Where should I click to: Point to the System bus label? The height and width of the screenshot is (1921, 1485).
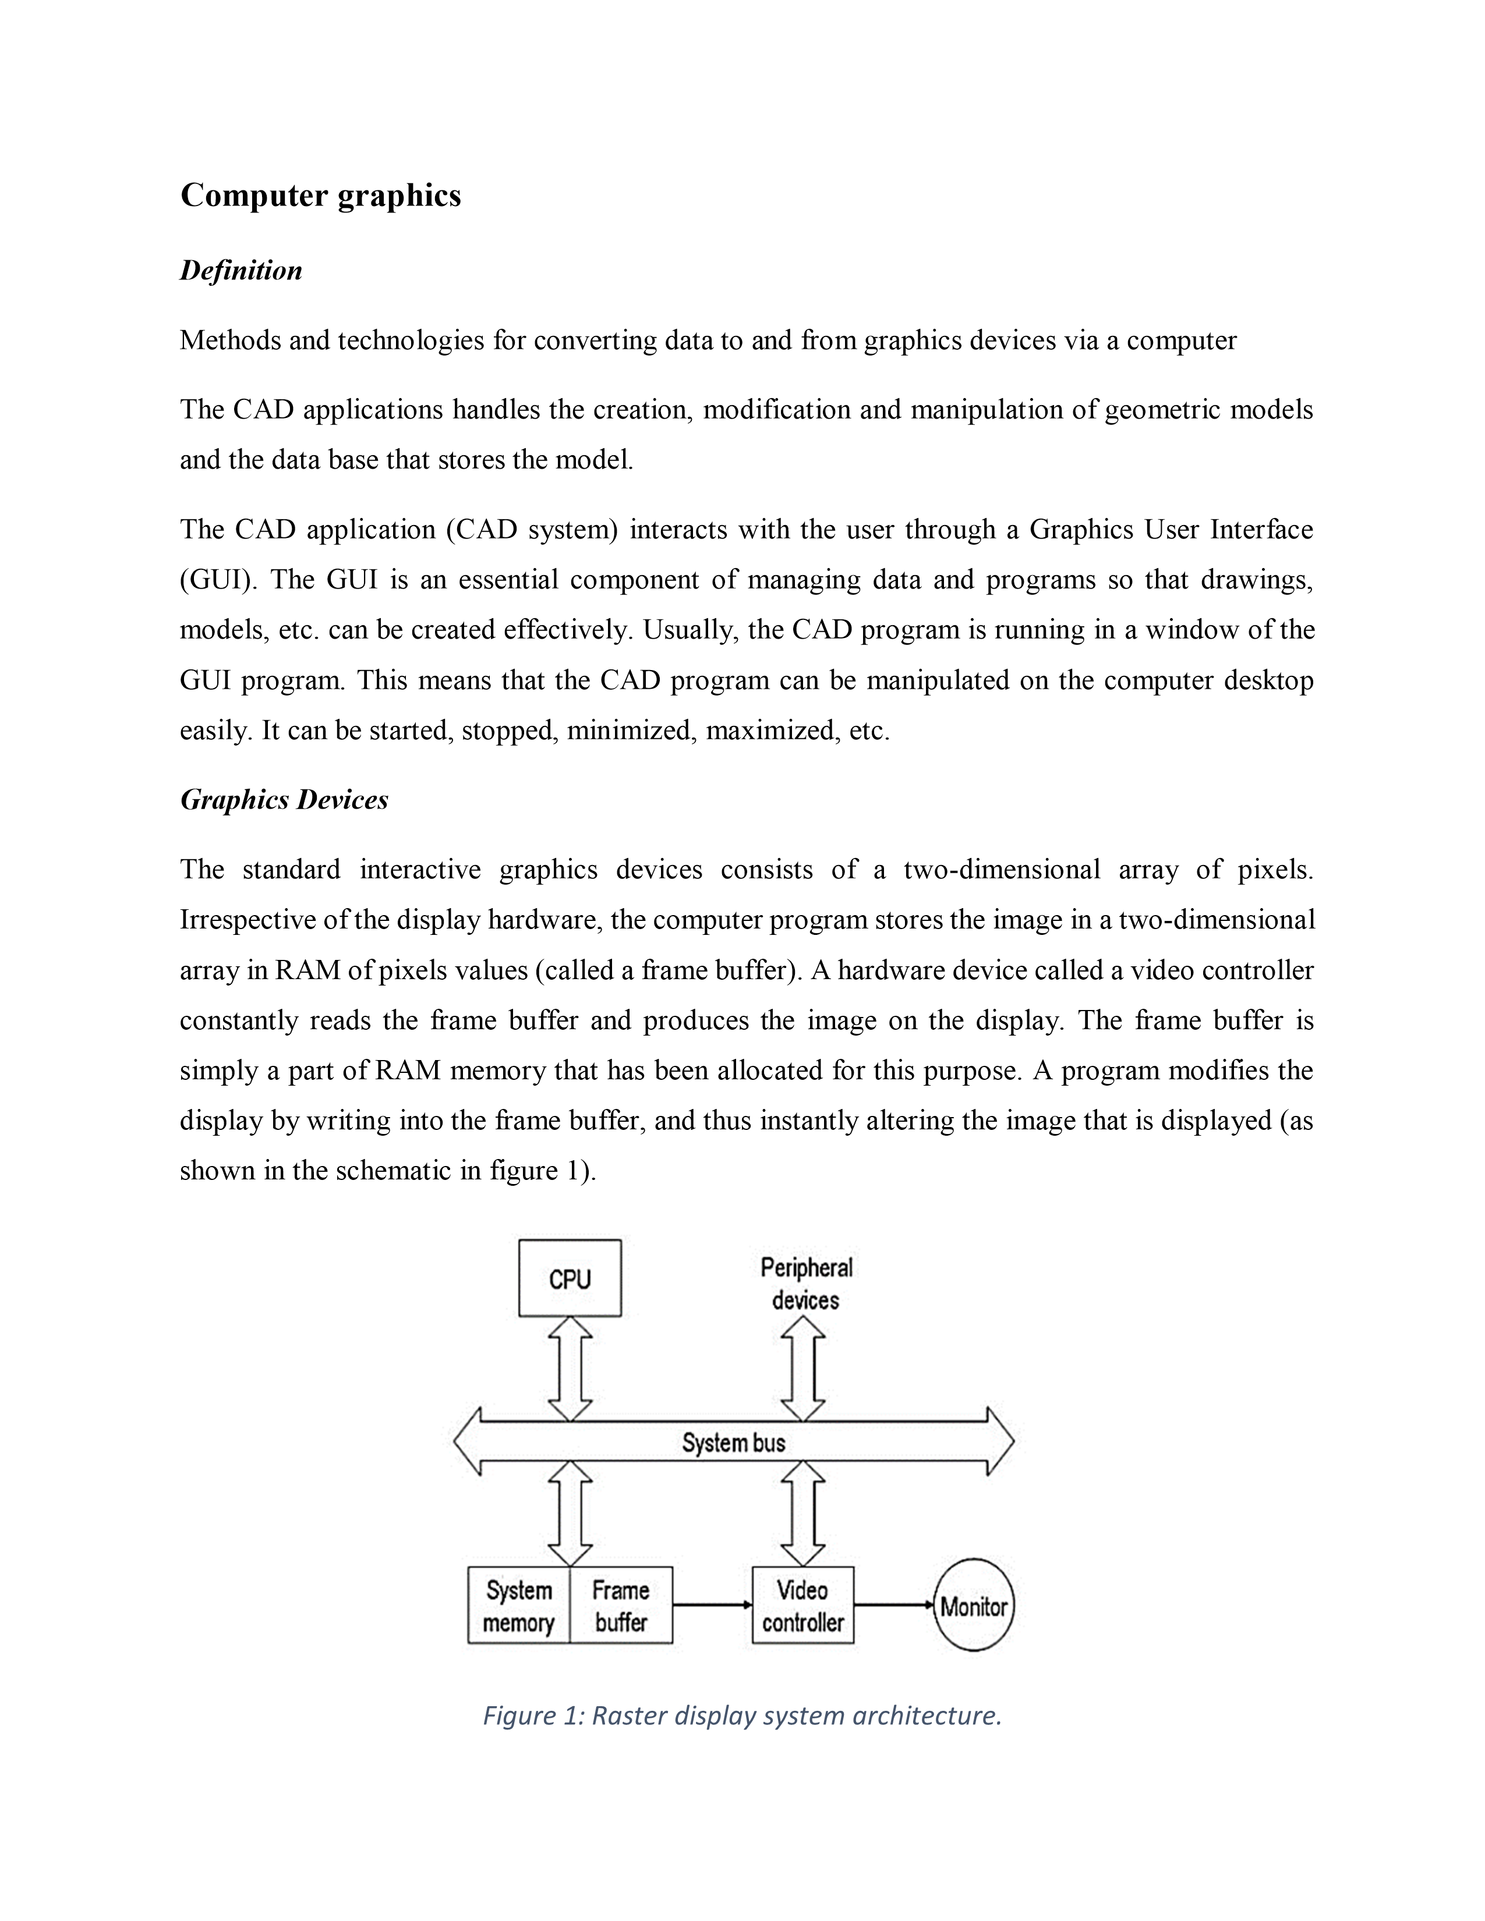[733, 1442]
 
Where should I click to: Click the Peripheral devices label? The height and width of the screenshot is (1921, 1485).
[806, 1284]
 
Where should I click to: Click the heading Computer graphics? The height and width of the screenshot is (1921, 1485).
[320, 195]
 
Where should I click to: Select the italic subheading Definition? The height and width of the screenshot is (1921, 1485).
[241, 270]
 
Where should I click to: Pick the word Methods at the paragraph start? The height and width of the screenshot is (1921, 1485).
[229, 341]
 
